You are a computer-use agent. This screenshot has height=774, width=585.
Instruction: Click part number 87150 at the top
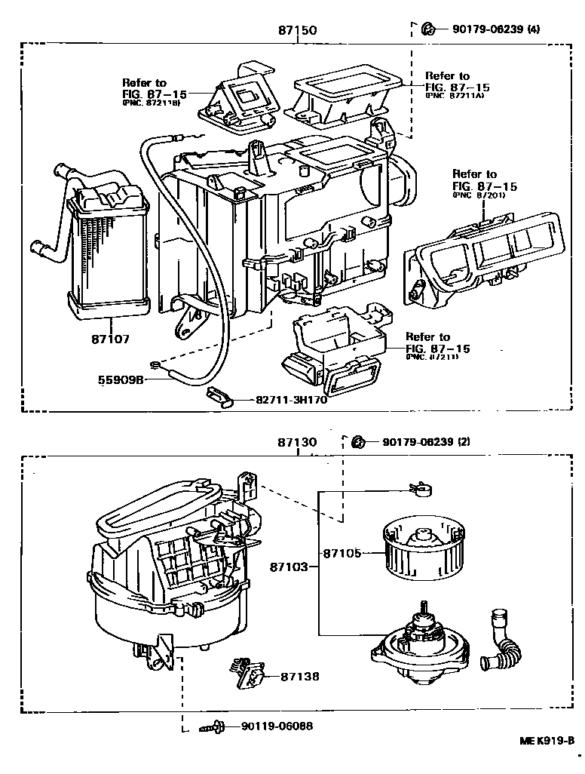pyautogui.click(x=296, y=31)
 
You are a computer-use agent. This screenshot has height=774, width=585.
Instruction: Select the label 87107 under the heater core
pyautogui.click(x=109, y=339)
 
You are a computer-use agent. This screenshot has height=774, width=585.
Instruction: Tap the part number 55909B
pyautogui.click(x=121, y=379)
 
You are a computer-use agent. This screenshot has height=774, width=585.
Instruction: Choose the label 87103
pyautogui.click(x=289, y=566)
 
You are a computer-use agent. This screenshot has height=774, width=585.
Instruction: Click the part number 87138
pyautogui.click(x=300, y=677)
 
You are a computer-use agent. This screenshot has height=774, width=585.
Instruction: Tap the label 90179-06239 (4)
pyautogui.click(x=497, y=29)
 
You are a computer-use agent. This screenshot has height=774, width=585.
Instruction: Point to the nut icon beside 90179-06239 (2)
pyautogui.click(x=360, y=441)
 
